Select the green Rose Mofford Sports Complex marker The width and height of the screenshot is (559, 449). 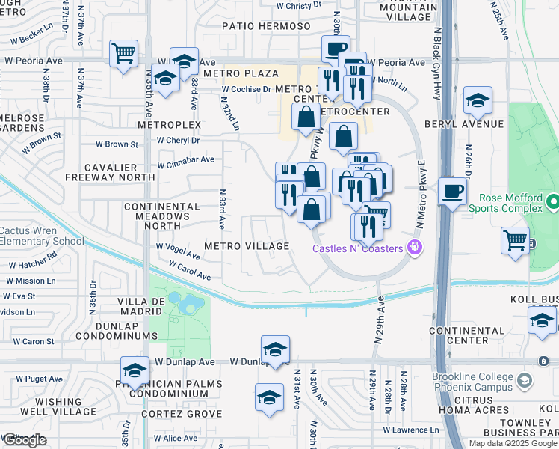552,202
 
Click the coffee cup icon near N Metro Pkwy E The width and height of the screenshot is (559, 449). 452,191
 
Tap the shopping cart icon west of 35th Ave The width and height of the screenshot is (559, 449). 124,54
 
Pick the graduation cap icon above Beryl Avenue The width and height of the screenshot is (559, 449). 478,100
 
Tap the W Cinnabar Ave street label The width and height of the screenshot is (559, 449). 185,159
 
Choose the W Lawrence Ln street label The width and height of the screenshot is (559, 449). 410,430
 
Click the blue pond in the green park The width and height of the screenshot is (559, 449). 186,303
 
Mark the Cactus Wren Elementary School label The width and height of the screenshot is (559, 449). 42,236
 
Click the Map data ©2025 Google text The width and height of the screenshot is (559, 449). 512,443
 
